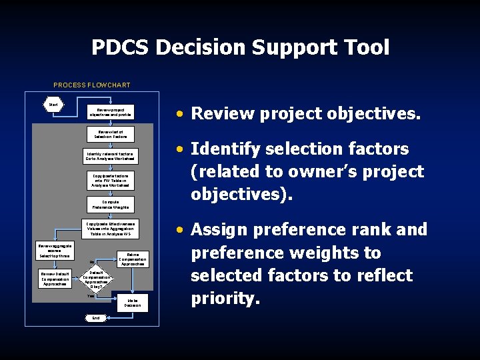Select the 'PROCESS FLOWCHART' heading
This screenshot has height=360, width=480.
[92, 85]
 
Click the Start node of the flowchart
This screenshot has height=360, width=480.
[53, 104]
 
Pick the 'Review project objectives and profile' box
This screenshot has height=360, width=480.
[111, 111]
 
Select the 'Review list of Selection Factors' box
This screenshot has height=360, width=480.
[111, 134]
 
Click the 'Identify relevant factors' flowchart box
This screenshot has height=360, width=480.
[111, 157]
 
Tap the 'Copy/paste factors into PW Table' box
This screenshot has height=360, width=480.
[111, 179]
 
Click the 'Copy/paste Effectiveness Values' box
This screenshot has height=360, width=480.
[111, 229]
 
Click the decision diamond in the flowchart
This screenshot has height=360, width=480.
[96, 279]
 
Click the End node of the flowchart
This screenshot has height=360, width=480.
[96, 318]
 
